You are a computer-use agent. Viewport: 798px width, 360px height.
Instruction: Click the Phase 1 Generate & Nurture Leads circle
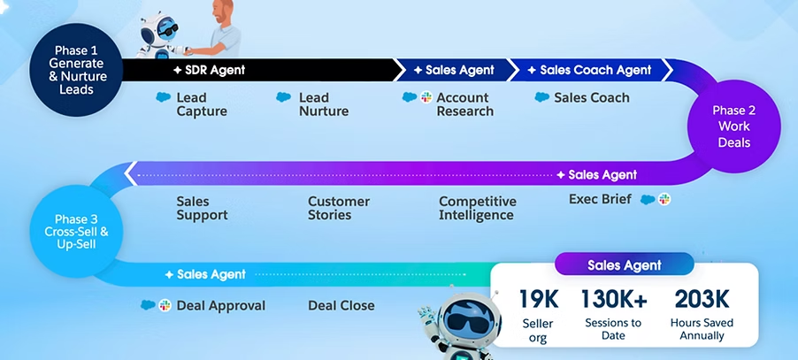pos(76,70)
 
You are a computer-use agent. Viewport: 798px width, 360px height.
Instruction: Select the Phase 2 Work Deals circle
pos(734,126)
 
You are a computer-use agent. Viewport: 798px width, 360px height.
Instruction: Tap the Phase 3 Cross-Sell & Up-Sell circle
pos(76,232)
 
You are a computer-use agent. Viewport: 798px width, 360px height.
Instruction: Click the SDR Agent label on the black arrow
pos(209,70)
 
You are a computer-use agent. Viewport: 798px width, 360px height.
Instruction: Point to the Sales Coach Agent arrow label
pos(590,70)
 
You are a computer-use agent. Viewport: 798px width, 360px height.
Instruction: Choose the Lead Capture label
pos(202,104)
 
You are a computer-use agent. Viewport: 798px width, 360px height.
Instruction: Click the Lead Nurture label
pos(324,104)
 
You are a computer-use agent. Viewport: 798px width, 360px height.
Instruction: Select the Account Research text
pos(464,104)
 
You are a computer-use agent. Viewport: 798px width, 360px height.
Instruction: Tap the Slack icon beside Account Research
pos(426,97)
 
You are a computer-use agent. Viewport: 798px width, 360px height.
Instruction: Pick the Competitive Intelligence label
pos(478,208)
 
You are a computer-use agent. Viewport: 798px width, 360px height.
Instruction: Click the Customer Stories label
pos(339,208)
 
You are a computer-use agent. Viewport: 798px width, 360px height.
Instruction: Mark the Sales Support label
pos(202,208)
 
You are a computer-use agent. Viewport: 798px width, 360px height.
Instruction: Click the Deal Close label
pos(341,305)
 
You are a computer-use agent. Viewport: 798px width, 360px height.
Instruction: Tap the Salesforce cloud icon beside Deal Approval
pos(148,305)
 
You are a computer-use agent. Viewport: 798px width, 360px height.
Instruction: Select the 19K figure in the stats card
pos(539,299)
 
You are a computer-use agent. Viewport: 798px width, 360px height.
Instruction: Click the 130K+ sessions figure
pos(614,299)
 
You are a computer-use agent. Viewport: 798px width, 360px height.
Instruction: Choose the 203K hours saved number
pos(702,299)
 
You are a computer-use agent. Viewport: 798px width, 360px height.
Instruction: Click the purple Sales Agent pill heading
pos(624,265)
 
